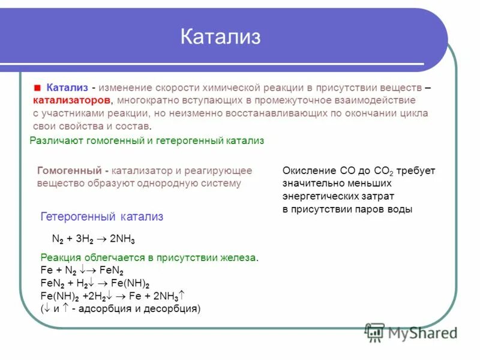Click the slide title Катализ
220,37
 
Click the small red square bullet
37,88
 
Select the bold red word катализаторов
71,100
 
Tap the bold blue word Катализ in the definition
68,88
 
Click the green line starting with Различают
147,140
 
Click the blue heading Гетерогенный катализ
101,217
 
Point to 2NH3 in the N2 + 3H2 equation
122,239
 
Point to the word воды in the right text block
400,209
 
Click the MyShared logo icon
374,332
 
